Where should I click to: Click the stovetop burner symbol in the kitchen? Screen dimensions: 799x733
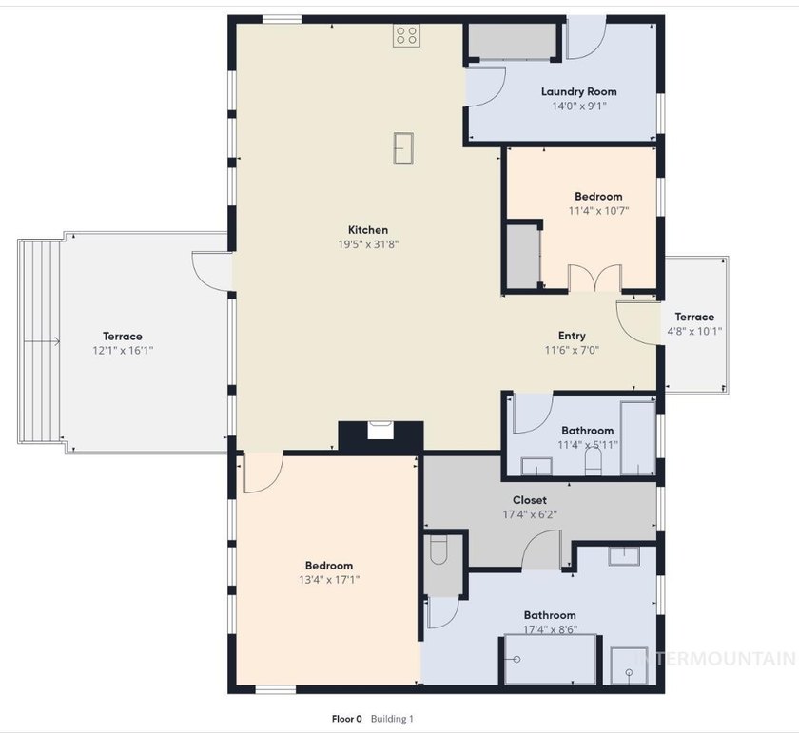pos(407,36)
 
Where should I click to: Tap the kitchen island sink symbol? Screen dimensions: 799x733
pos(403,148)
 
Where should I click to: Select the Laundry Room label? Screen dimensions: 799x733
pos(579,91)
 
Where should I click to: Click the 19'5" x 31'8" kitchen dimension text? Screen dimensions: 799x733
pos(368,244)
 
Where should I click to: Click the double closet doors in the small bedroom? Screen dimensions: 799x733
pos(594,279)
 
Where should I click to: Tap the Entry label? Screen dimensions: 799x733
pos(572,336)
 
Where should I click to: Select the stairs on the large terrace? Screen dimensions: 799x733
pos(40,342)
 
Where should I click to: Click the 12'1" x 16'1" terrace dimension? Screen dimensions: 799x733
pos(123,351)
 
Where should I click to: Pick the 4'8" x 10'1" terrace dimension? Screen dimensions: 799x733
pos(694,331)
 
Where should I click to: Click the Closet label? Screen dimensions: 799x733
pos(530,500)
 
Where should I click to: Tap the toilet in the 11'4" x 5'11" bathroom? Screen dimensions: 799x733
pos(593,461)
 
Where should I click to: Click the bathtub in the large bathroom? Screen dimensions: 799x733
pos(551,660)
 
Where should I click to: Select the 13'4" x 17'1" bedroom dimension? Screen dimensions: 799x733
pos(329,580)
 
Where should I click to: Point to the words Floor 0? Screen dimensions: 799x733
pos(346,719)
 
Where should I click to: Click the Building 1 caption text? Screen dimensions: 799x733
pos(392,719)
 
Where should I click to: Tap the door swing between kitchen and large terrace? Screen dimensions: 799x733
pos(211,272)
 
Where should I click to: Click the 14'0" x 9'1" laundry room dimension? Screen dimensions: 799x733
pos(579,106)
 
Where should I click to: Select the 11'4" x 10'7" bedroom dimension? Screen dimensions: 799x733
pos(598,211)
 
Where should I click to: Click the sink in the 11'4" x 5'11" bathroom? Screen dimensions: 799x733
pos(536,466)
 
